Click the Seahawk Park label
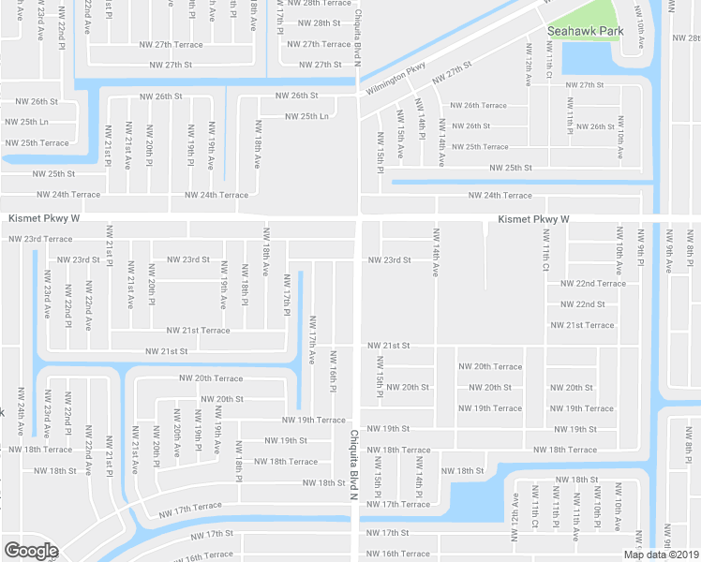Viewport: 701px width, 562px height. point(584,30)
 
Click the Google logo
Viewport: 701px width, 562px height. point(31,551)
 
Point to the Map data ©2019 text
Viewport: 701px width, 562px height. point(660,554)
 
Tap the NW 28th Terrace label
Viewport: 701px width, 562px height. point(323,3)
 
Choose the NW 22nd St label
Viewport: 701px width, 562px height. point(583,304)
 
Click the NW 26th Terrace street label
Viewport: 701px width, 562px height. point(478,106)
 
